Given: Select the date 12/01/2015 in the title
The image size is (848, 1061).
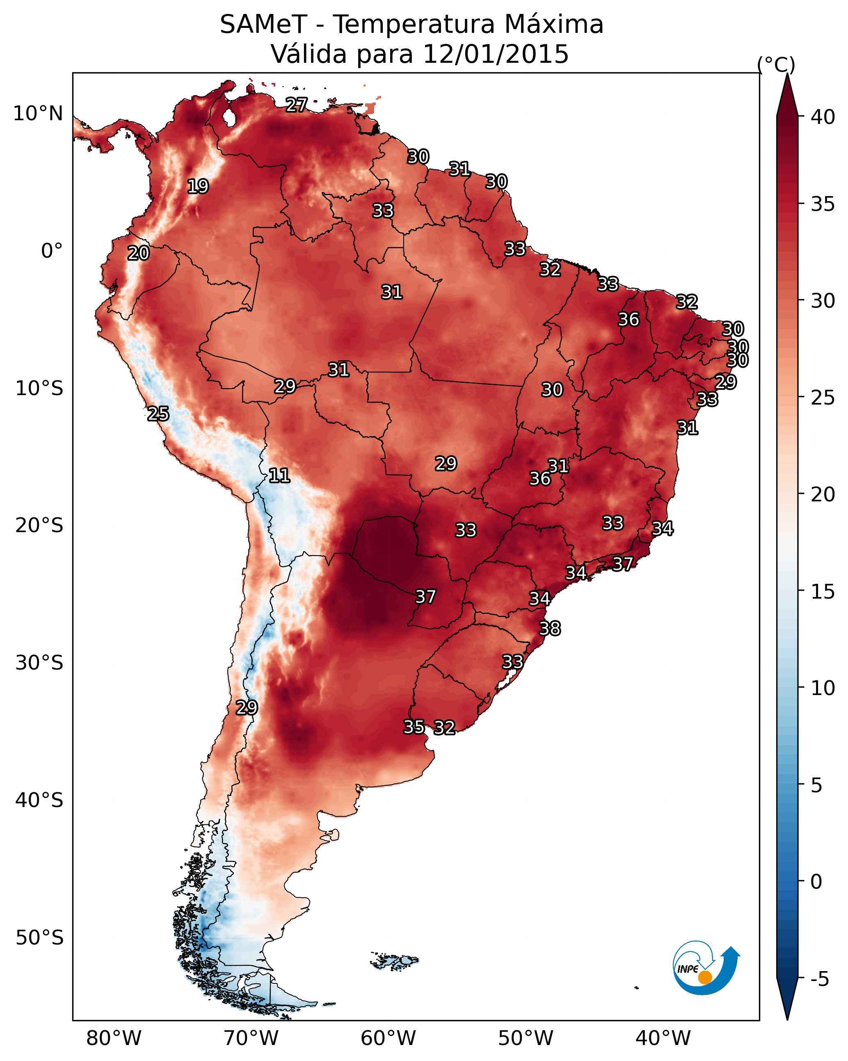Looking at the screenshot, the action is [496, 54].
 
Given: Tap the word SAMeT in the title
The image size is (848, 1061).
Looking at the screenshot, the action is [264, 25].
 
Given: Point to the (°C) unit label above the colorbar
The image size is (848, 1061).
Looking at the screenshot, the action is [776, 65].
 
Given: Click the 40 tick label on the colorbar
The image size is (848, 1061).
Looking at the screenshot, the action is [823, 117].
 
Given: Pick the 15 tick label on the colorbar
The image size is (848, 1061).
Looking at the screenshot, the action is [823, 592].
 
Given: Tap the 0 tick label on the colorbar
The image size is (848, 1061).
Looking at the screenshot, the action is [816, 882].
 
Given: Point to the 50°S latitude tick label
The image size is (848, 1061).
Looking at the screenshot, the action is [39, 938].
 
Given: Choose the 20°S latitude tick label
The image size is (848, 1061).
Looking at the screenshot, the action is [39, 526].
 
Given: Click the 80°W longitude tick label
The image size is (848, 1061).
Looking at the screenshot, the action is [114, 1038].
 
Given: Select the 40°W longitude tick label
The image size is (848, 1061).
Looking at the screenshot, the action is [663, 1038].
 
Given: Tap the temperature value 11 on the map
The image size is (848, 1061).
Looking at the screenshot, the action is [279, 476].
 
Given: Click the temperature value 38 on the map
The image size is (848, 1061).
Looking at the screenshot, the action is [550, 629].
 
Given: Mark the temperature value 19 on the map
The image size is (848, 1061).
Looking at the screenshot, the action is [198, 187].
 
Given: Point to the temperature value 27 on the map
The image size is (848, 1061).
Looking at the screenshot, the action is [297, 104].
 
